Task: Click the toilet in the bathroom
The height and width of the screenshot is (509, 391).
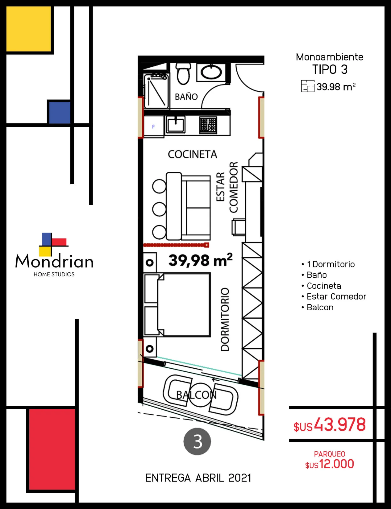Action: tap(183, 73)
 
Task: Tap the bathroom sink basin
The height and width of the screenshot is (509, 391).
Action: tap(211, 72)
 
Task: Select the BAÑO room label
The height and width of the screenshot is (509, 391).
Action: tap(186, 97)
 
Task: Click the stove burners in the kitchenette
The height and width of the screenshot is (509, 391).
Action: tap(208, 125)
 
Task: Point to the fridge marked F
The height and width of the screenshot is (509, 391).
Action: tap(153, 126)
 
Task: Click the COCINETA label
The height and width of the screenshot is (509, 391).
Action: tap(192, 154)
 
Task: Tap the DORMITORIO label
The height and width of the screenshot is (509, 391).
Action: tap(225, 320)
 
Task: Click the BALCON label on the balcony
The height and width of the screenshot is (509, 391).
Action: tap(196, 395)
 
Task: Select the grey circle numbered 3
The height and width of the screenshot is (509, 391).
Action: tap(197, 441)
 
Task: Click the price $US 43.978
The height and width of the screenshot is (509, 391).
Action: tap(329, 425)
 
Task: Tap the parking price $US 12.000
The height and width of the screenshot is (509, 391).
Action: tap(329, 464)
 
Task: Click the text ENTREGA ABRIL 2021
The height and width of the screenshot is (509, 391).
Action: tap(198, 478)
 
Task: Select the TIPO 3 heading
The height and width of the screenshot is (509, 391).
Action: tap(330, 69)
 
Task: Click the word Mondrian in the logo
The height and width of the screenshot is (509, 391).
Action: tap(54, 261)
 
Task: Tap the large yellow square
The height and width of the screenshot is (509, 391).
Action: tap(28, 29)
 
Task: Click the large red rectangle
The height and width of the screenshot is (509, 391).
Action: tap(52, 449)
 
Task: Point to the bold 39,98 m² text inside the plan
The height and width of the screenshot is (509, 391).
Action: tap(200, 260)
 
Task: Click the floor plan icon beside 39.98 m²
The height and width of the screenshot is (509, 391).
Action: tap(308, 86)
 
